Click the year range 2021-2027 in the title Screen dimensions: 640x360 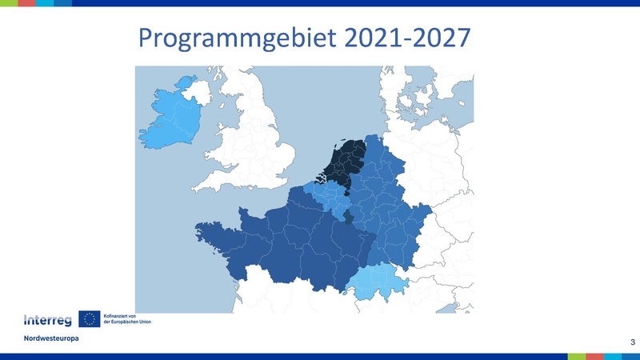point(407,38)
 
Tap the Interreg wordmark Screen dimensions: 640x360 point(48,321)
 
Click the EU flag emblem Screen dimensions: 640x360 point(90,319)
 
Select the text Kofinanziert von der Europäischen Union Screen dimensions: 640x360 point(127,318)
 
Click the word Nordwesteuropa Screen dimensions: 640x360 point(51,338)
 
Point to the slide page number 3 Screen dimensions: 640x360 point(633,342)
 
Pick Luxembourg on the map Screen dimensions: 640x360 point(348,217)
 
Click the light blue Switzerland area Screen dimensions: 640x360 point(378,282)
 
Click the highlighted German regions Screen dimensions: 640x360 point(388,204)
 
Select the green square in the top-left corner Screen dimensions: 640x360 point(9,3)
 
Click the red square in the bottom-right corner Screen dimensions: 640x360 point(595,357)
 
